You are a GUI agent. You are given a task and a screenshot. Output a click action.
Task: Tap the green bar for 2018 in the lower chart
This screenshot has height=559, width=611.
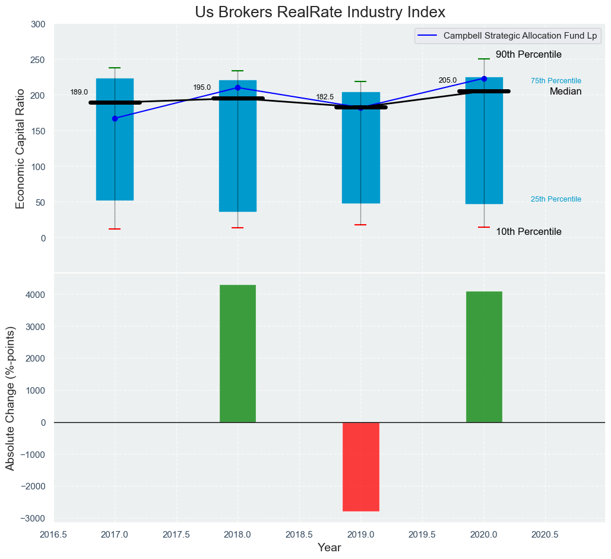[x=238, y=353]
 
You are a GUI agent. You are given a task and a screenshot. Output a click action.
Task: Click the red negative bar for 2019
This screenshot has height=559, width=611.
[x=360, y=466]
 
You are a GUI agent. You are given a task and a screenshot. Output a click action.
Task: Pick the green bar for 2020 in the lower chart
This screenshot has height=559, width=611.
[x=484, y=357]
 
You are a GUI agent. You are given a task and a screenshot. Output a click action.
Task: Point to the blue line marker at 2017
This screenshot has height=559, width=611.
[x=115, y=118]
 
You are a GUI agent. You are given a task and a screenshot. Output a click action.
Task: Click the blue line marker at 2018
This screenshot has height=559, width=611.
[x=238, y=87]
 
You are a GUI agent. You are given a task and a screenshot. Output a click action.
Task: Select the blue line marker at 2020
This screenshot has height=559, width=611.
[x=484, y=78]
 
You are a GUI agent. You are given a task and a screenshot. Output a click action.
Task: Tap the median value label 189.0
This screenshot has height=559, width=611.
[x=79, y=92]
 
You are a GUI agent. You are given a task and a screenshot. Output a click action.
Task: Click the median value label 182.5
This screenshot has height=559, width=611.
[x=325, y=97]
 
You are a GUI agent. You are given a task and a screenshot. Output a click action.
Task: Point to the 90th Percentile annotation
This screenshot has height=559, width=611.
[x=528, y=55]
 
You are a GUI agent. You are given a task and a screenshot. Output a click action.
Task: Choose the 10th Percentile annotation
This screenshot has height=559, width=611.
[x=528, y=232]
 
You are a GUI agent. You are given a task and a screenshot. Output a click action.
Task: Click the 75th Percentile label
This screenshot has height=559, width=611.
[x=556, y=81]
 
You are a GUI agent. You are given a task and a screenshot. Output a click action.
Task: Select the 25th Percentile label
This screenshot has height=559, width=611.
[x=556, y=199]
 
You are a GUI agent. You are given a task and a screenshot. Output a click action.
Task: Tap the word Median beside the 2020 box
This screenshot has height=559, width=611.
[x=565, y=92]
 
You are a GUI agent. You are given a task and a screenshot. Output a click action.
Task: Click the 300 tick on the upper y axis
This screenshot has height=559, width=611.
[x=38, y=24]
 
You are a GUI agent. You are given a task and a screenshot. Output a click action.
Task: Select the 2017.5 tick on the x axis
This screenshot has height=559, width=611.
[x=176, y=534]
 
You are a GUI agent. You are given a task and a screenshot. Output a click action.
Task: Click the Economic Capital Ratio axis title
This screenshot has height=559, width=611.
[x=20, y=148]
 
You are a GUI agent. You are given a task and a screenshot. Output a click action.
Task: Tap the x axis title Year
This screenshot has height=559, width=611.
[x=329, y=548]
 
